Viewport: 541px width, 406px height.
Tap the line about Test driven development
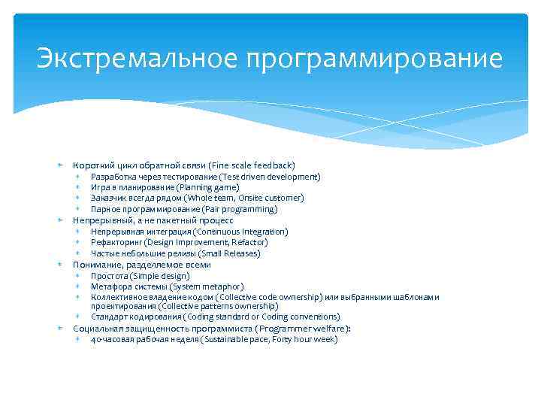tap(205, 177)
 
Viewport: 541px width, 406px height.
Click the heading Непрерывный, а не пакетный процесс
tap(153, 220)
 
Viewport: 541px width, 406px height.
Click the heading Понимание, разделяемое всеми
tap(141, 265)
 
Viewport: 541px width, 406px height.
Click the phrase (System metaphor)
tap(207, 286)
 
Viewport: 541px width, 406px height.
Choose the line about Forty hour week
tap(214, 340)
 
